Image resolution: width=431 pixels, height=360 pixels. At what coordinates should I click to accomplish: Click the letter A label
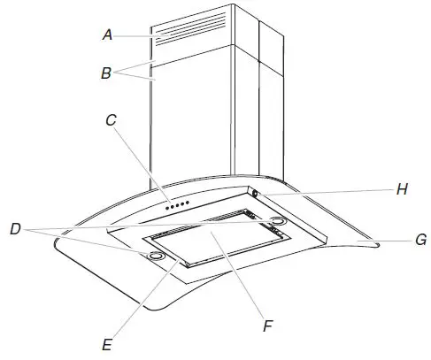[107, 34]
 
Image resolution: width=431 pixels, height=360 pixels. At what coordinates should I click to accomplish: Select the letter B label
[105, 74]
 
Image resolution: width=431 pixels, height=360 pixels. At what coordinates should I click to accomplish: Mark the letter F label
[265, 326]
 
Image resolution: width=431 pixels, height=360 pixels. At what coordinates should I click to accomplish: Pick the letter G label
[421, 240]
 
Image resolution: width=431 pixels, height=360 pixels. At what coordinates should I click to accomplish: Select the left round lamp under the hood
[156, 256]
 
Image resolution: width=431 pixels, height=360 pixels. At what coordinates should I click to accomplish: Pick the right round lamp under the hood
[277, 219]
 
